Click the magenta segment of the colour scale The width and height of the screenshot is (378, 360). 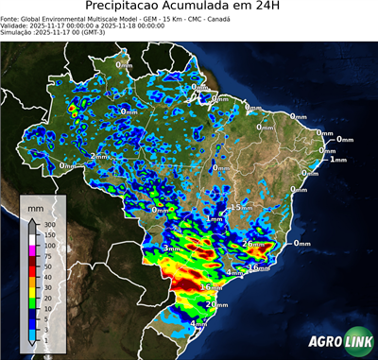[31, 250]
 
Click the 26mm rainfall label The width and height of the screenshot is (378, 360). [254, 244]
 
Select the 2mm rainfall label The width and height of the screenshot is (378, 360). [98, 155]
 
